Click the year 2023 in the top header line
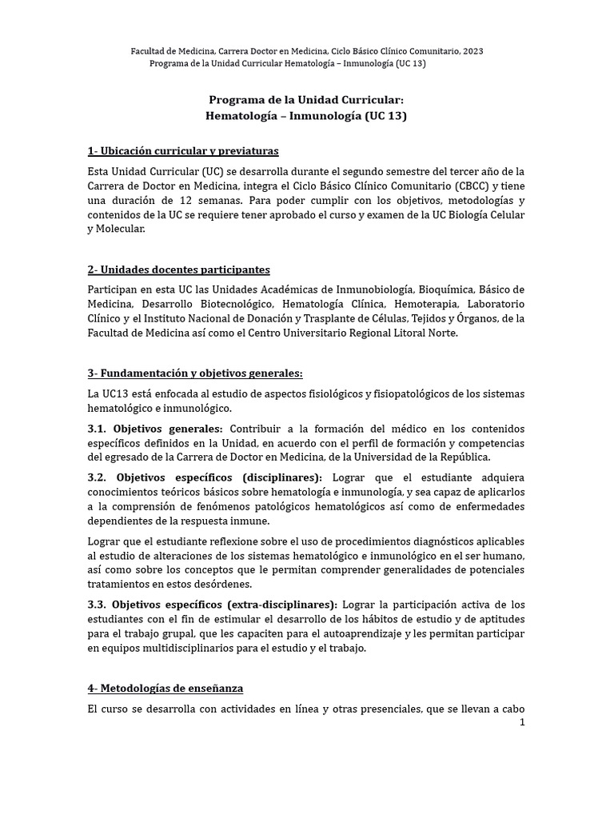(471, 51)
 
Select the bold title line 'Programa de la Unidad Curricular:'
(306, 100)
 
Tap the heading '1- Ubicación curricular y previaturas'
(183, 152)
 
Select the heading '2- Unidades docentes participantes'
(178, 270)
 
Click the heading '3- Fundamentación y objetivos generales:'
(195, 374)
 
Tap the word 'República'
(463, 457)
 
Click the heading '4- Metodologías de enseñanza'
(165, 688)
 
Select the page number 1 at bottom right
(521, 722)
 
